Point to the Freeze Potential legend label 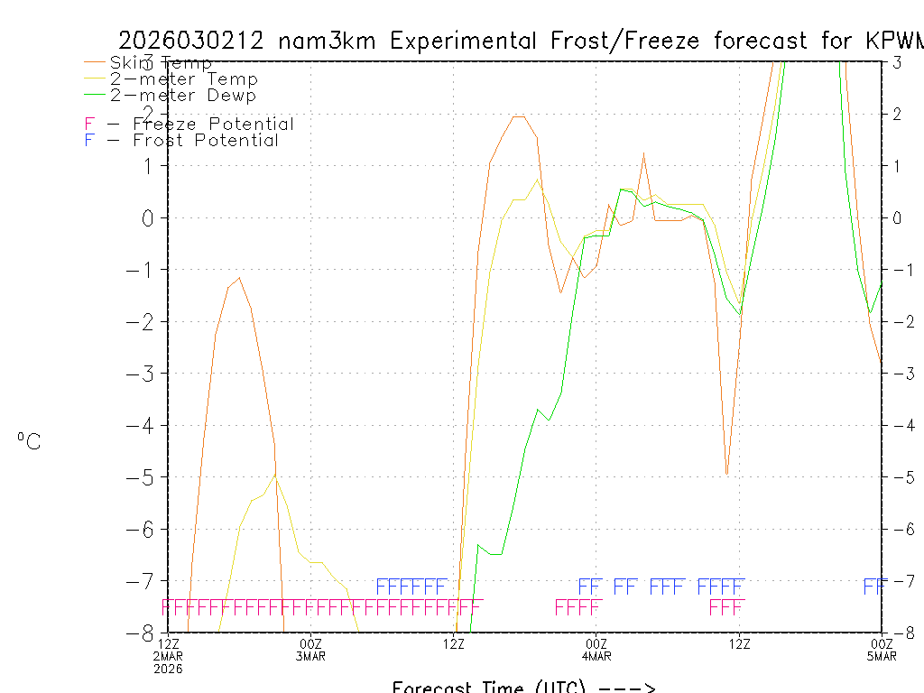[x=213, y=124]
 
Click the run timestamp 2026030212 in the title [x=190, y=41]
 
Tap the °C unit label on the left [x=29, y=441]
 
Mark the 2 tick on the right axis [x=897, y=114]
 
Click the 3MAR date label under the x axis [x=311, y=656]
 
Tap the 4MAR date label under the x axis [x=596, y=656]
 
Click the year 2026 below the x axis [x=169, y=669]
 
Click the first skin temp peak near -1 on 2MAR [x=239, y=278]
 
